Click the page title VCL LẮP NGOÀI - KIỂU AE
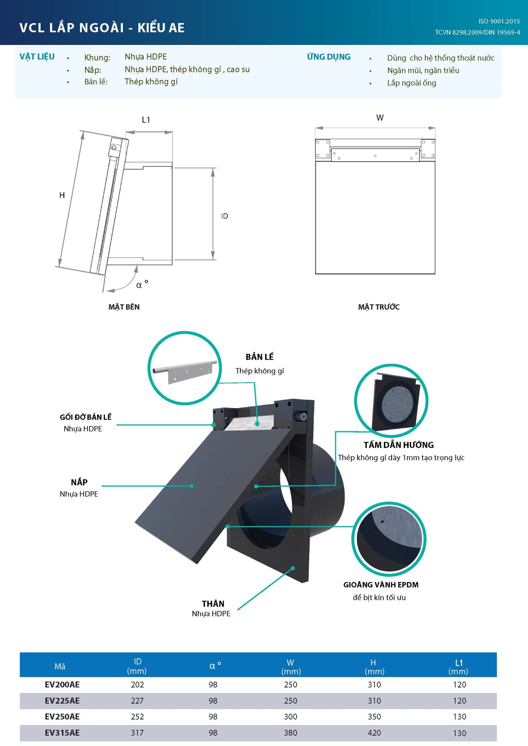[102, 28]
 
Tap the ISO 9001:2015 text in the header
[499, 22]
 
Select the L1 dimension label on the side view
[146, 120]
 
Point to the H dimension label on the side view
[62, 195]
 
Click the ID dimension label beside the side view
[224, 216]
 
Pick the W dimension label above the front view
[380, 118]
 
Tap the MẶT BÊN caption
[124, 307]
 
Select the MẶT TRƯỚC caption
[379, 307]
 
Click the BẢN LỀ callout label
[259, 357]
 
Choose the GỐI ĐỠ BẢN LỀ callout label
[85, 417]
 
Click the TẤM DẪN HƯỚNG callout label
[399, 445]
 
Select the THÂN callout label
[213, 604]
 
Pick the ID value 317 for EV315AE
[137, 733]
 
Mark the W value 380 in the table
[290, 733]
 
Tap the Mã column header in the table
[60, 666]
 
